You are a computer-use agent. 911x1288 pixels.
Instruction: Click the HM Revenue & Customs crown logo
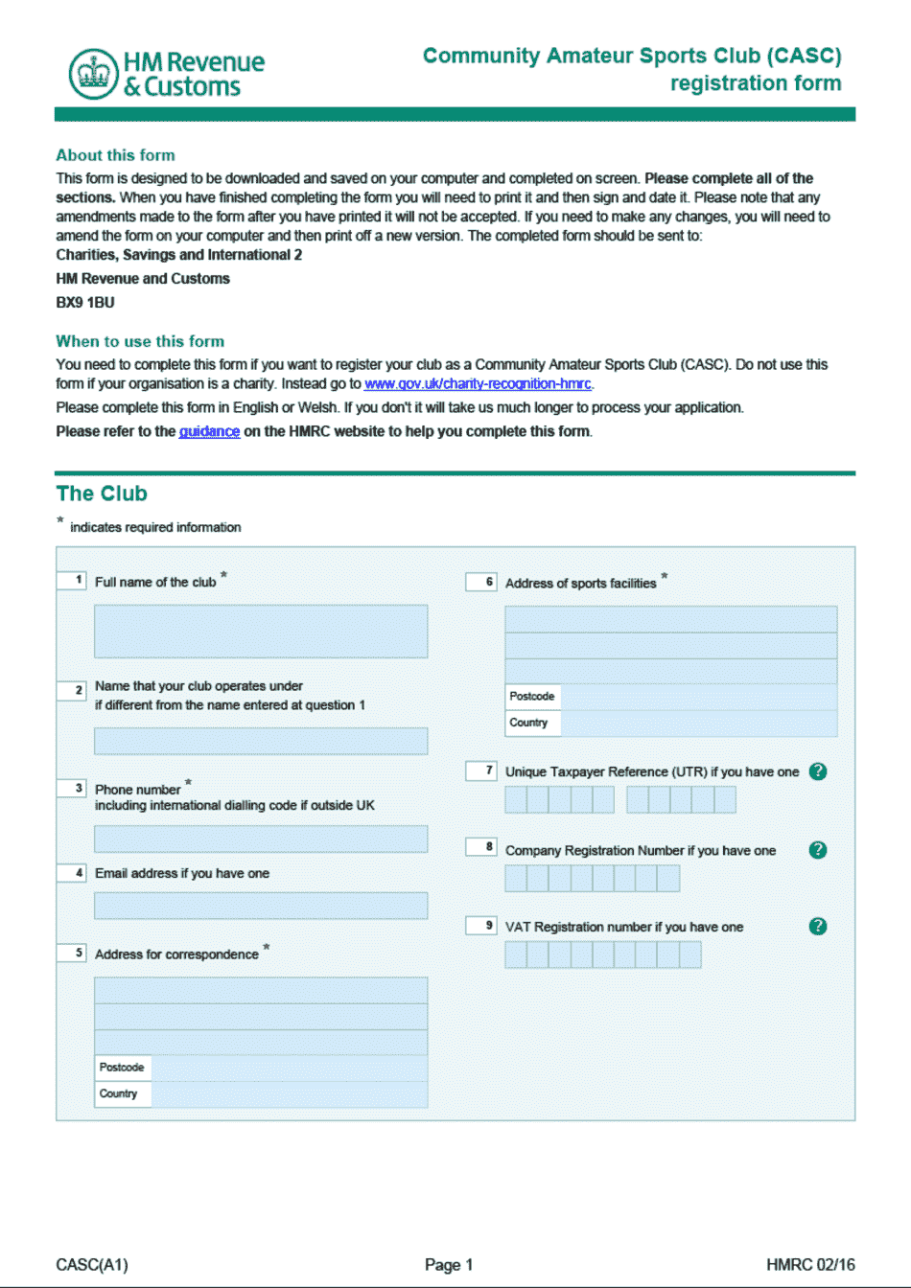(93, 75)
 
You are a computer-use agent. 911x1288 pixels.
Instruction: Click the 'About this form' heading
(115, 155)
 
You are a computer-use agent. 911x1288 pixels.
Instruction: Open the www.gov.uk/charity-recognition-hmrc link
(478, 384)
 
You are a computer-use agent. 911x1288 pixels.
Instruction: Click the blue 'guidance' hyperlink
(209, 432)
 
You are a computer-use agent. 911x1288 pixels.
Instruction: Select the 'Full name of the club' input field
(261, 631)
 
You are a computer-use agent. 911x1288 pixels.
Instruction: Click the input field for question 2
(261, 741)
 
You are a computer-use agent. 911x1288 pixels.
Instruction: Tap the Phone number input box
(261, 839)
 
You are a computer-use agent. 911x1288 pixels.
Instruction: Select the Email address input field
(261, 906)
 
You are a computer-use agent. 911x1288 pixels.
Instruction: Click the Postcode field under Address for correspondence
(288, 1068)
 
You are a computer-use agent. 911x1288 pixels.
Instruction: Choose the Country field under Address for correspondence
(288, 1094)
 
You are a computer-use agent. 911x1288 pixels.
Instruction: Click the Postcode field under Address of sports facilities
(698, 697)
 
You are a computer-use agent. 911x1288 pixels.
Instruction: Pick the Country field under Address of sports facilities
(698, 724)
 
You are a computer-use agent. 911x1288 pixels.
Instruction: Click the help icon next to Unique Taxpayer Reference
(818, 771)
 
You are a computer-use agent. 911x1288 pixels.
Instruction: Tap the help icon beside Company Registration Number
(818, 850)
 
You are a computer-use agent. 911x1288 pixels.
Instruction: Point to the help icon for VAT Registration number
(818, 926)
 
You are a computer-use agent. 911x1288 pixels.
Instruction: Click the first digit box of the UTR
(516, 799)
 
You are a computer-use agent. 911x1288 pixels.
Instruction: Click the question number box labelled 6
(481, 582)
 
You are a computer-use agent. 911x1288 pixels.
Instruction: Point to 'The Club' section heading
(102, 494)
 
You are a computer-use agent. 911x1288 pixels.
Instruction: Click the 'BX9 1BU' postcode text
(85, 303)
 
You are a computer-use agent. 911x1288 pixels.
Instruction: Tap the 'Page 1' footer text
(449, 1265)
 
